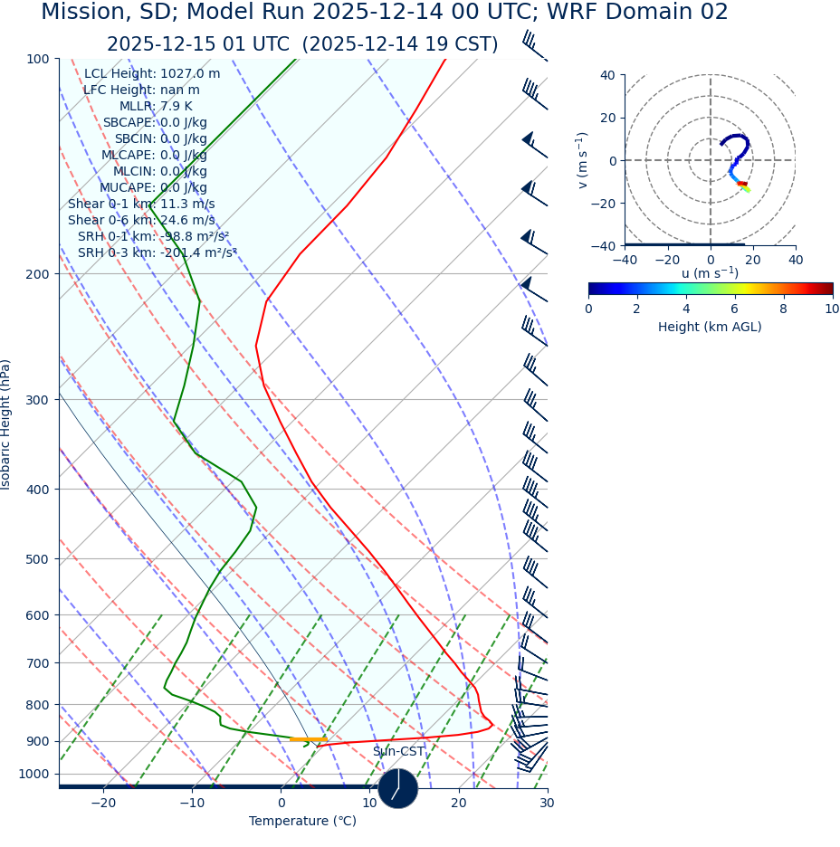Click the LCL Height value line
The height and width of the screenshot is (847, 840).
click(x=152, y=74)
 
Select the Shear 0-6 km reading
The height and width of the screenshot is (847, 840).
click(x=141, y=220)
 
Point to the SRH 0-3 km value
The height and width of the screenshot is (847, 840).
click(x=157, y=252)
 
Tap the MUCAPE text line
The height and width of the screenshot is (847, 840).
click(x=154, y=187)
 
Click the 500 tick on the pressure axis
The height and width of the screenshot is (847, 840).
click(x=37, y=559)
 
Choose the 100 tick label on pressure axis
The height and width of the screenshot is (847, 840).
click(x=37, y=59)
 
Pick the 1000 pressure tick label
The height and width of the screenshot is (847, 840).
click(x=33, y=774)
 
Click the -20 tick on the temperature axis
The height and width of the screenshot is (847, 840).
click(x=103, y=803)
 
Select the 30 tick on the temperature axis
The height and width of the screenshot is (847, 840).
click(x=547, y=803)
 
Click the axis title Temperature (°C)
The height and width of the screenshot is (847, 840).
click(x=302, y=821)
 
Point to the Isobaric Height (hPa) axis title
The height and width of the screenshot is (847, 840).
click(x=6, y=424)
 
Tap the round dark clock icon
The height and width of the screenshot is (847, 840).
click(x=398, y=788)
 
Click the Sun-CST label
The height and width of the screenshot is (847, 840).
click(x=398, y=752)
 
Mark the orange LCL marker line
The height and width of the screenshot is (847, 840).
click(x=308, y=739)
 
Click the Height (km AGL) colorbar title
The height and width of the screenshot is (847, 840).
click(x=710, y=327)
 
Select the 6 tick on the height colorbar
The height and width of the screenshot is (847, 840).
click(x=735, y=309)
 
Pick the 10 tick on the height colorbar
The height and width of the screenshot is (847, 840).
click(x=832, y=309)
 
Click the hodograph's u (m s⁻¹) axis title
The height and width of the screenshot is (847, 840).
click(x=710, y=273)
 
